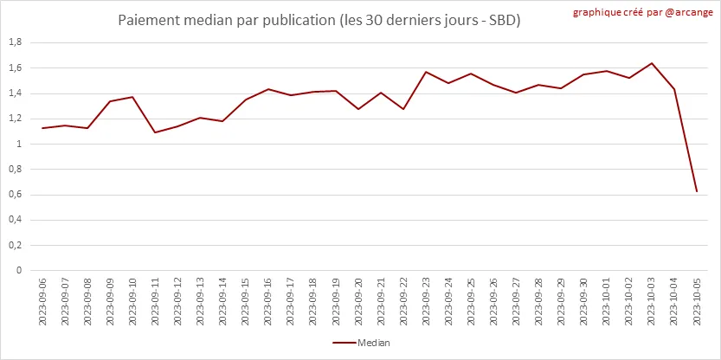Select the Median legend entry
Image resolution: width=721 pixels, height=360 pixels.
tap(361, 343)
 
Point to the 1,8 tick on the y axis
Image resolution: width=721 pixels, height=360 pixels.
tap(15, 42)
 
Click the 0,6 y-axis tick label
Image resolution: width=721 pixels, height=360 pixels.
tap(15, 195)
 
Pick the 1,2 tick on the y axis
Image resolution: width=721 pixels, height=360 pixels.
tap(15, 119)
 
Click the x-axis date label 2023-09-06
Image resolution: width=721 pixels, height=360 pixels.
tap(42, 302)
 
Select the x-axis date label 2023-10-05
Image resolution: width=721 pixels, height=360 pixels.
tap(697, 302)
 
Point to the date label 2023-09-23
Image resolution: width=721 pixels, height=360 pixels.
tap(426, 302)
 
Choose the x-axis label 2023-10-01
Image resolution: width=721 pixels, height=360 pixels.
tap(607, 302)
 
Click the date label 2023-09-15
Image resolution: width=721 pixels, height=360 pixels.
tap(246, 302)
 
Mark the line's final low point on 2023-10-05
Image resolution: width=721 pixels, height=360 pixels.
tap(697, 191)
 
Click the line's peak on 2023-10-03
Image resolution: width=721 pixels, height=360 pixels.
tap(652, 63)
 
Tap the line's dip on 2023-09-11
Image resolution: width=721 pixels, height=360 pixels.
tap(155, 132)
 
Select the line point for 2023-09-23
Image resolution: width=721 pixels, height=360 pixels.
tap(426, 72)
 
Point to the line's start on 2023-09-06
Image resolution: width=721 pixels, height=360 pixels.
tap(42, 128)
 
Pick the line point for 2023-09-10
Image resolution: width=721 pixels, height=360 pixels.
tap(132, 97)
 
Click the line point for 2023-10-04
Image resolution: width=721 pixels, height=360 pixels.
tap(674, 89)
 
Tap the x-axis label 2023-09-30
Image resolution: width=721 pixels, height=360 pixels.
tap(584, 302)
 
